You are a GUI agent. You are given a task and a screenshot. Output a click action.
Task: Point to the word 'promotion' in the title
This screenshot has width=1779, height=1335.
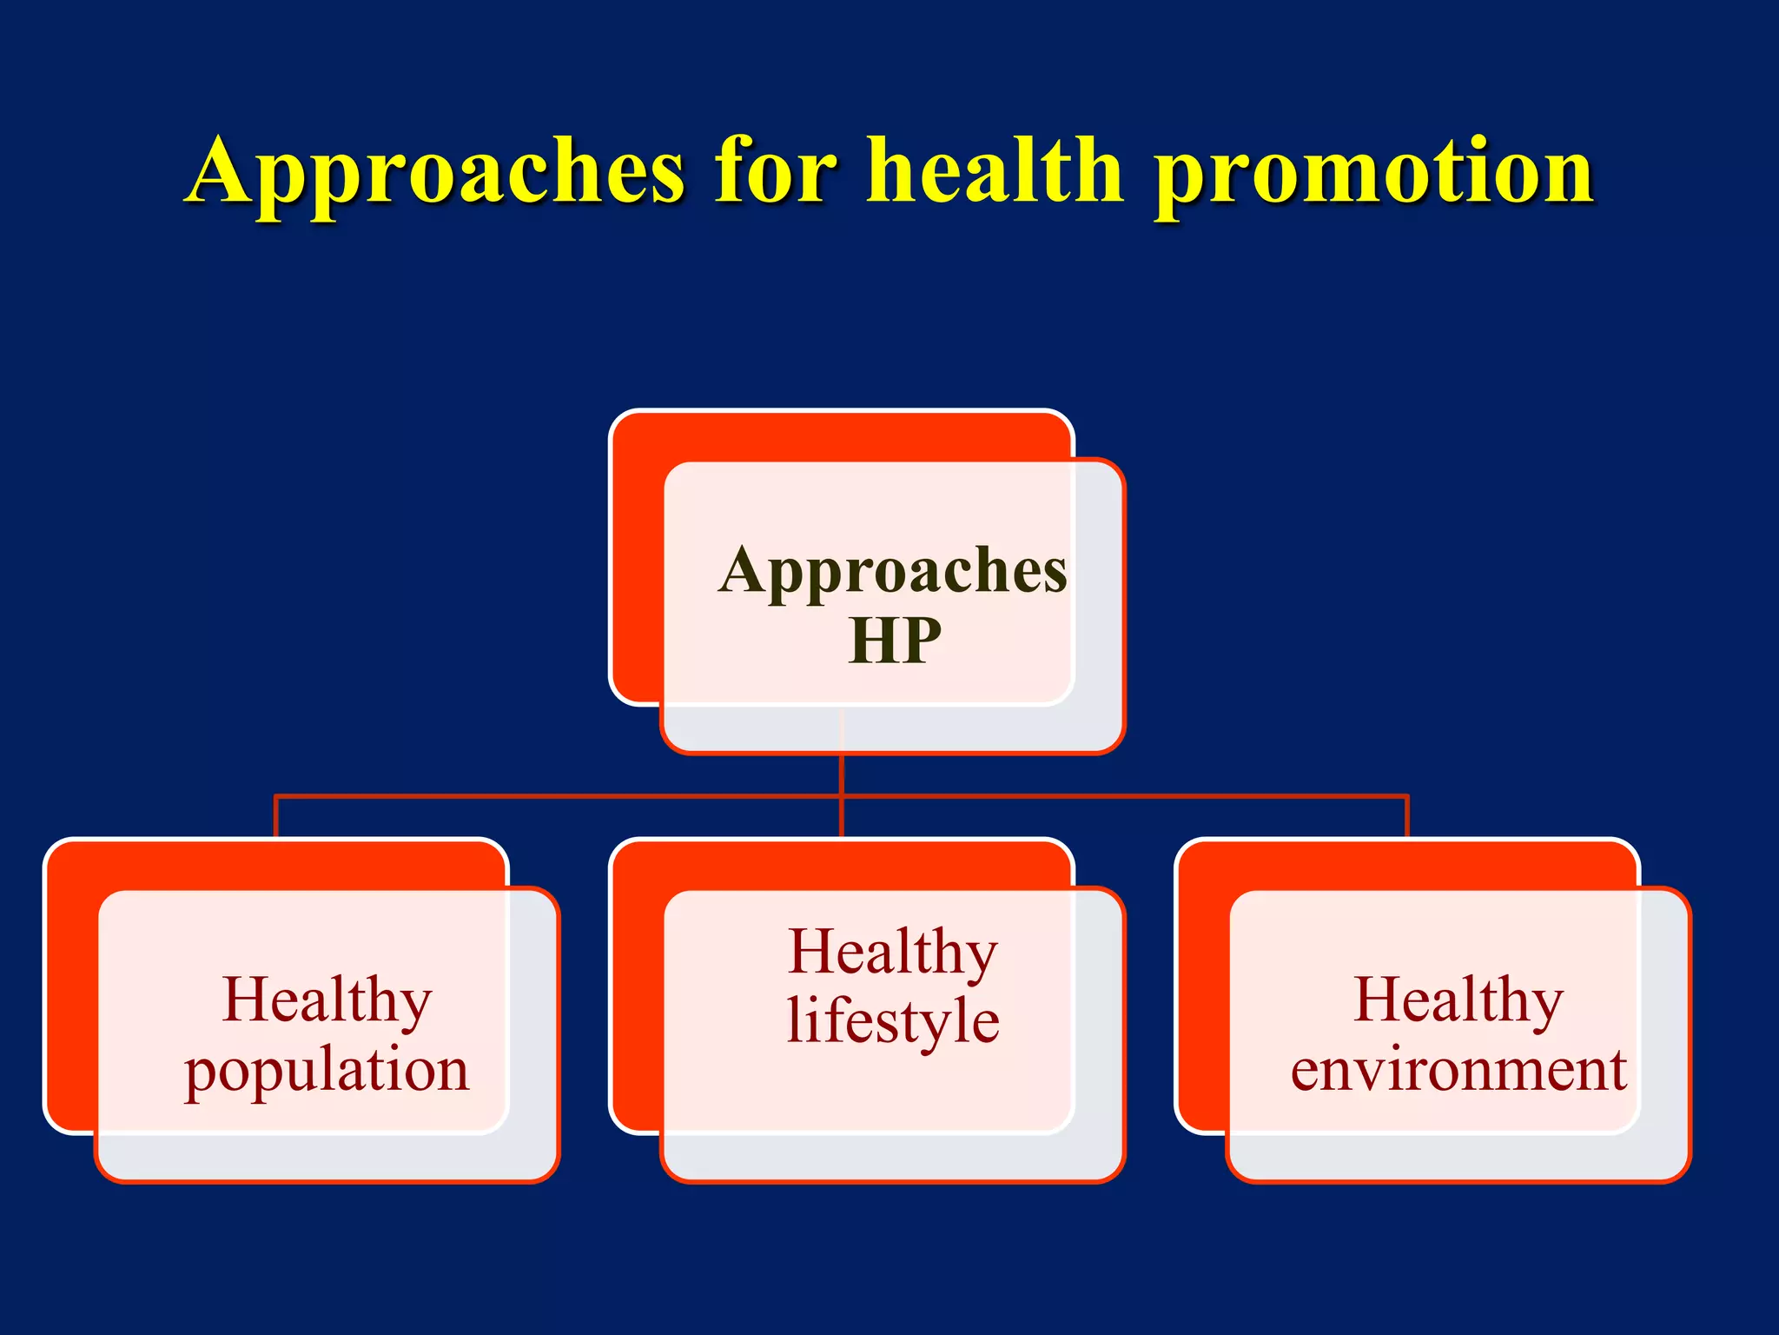click(1373, 174)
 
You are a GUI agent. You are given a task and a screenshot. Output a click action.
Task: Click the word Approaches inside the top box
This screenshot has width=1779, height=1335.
click(893, 572)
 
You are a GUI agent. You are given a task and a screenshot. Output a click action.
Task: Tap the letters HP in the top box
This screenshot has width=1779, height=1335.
click(894, 641)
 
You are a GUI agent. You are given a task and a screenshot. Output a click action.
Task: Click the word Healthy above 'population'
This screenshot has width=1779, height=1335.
click(327, 1000)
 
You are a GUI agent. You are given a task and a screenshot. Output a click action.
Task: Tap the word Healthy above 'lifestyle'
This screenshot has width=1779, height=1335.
click(893, 952)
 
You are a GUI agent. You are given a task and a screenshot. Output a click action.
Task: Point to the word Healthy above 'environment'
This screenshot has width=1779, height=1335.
click(1458, 1000)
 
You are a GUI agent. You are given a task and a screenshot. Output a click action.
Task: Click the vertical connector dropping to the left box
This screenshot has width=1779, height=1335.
click(275, 817)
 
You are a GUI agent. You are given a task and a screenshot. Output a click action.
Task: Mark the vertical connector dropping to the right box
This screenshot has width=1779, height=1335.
click(1406, 817)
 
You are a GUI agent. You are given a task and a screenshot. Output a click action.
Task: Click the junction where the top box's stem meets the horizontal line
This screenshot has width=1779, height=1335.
click(842, 795)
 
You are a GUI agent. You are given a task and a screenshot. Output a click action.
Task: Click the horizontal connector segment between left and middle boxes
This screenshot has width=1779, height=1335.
click(556, 795)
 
